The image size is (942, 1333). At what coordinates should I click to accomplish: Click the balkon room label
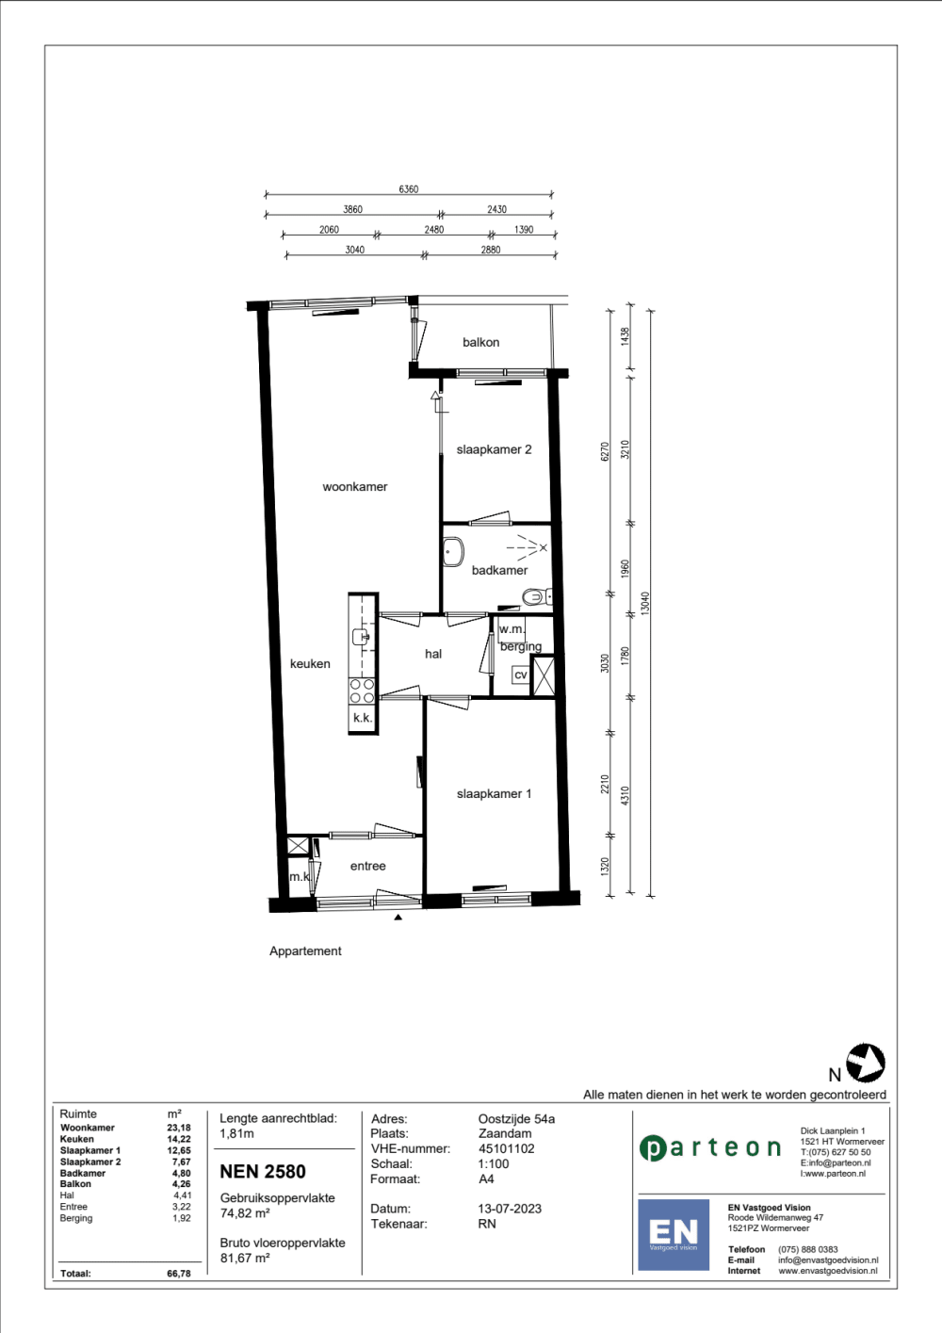point(480,342)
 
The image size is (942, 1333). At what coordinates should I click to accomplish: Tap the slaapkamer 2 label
point(494,449)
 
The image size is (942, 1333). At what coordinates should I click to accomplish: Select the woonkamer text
point(354,487)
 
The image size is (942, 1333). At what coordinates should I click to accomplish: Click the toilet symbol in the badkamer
point(535,596)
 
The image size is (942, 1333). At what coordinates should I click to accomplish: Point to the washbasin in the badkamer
point(453,551)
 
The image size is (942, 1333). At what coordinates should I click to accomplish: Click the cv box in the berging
point(520,675)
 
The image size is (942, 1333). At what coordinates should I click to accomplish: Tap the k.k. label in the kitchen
point(362,718)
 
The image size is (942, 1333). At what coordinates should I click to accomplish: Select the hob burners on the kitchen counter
point(362,691)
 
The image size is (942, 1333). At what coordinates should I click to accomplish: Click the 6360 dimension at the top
point(408,189)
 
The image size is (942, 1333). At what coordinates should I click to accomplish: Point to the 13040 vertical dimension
point(645,603)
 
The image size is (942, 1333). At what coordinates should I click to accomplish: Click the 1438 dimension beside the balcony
point(625,336)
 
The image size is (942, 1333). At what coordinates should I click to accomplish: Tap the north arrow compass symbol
point(865,1063)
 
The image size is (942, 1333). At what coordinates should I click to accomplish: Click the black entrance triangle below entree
point(398,917)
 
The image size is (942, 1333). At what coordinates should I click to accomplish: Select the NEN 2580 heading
point(263,1172)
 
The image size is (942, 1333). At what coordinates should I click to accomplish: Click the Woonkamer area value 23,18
point(179,1128)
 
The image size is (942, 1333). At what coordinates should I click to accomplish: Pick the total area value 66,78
point(179,1274)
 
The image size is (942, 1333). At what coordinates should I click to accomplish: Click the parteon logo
point(710,1147)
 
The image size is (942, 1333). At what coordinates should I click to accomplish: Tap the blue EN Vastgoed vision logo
point(674,1234)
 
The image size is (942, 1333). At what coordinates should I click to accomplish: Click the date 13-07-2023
point(510,1209)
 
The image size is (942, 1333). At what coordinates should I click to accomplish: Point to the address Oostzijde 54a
point(516,1119)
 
